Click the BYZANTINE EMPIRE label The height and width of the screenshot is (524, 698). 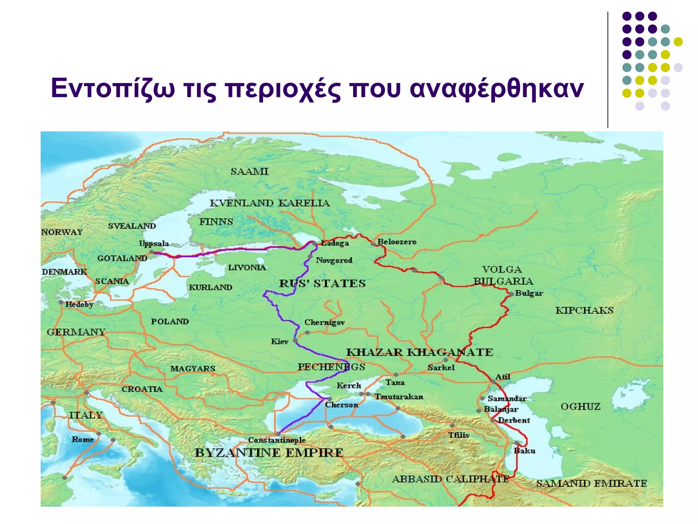[269, 453]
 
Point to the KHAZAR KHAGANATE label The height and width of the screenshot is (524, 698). [420, 352]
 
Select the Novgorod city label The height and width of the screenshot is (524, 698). [334, 260]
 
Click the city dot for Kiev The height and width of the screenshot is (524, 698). [295, 340]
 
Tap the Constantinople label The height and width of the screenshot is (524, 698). [277, 440]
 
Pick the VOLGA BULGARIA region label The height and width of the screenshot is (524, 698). [503, 275]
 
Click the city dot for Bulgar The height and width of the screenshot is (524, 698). [511, 294]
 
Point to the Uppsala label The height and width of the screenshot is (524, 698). [154, 244]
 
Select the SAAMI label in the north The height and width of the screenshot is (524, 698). [249, 171]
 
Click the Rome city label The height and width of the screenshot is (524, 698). [82, 439]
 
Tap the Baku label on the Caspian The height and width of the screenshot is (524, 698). [525, 451]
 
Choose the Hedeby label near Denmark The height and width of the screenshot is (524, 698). [79, 304]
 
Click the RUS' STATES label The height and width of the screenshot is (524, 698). [322, 283]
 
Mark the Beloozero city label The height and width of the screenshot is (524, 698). [397, 242]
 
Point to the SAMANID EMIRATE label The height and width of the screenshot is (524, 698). [591, 483]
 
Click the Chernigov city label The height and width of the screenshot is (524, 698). [324, 322]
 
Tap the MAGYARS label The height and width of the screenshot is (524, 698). [193, 369]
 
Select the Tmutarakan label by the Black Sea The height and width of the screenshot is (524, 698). [399, 397]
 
